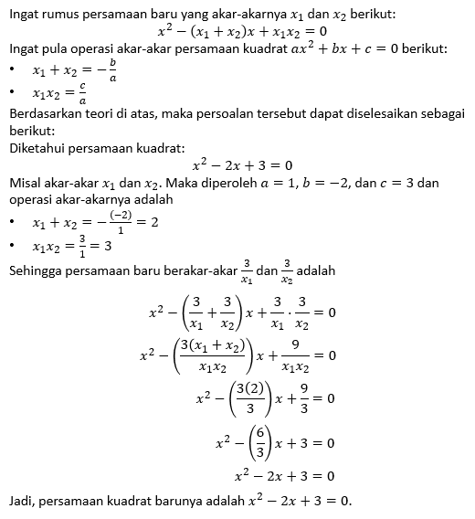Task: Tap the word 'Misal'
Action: pyautogui.click(x=25, y=183)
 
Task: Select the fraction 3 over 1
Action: pyautogui.click(x=84, y=245)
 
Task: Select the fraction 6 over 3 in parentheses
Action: pyautogui.click(x=238, y=442)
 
